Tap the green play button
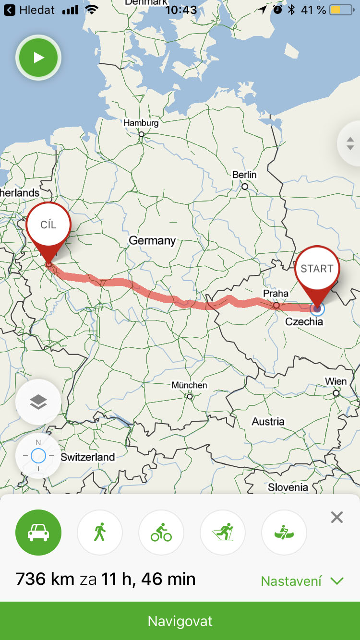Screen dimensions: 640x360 point(38,58)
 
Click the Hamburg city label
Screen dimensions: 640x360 point(141,123)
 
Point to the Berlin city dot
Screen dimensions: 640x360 point(245,187)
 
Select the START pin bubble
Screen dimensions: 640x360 point(317,269)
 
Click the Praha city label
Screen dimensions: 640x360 point(276,293)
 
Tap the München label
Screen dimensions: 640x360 point(190,385)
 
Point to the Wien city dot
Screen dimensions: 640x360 point(336,393)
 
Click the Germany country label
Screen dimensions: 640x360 point(152,240)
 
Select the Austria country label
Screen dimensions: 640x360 point(268,422)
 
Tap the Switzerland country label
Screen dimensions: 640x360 point(88,457)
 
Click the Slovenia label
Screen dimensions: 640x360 point(288,487)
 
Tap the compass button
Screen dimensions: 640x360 point(38,456)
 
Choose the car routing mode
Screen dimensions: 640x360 point(38,533)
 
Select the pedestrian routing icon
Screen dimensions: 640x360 point(100,533)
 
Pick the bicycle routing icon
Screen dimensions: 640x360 point(161,533)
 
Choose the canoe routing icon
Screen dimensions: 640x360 point(284,533)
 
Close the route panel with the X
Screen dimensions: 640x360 point(337,517)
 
